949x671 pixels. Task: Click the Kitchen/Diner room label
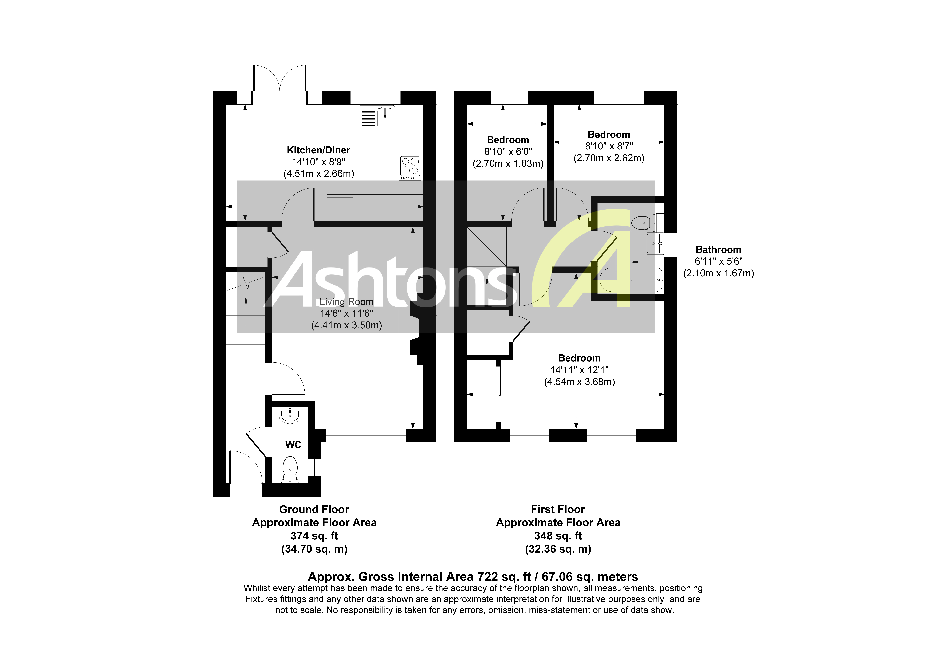tap(318, 150)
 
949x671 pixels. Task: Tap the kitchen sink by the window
tap(377, 117)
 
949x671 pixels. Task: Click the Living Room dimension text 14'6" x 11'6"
tap(346, 314)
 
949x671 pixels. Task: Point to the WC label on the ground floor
tap(293, 445)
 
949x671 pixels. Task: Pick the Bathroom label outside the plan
tap(718, 249)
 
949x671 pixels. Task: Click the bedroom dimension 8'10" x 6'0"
tap(508, 152)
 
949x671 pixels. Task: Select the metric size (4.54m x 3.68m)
tap(579, 382)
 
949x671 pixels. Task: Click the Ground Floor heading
tap(314, 509)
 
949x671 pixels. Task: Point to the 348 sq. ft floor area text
tap(558, 536)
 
